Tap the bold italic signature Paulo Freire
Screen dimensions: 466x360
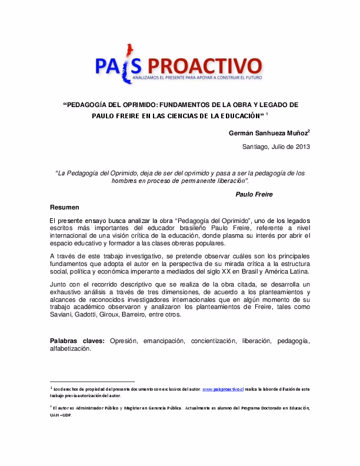[254, 194]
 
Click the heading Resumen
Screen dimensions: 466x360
[64, 207]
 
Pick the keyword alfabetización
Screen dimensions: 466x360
[70, 349]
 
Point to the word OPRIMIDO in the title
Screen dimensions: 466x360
[135, 105]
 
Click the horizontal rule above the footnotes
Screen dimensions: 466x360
[92, 381]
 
